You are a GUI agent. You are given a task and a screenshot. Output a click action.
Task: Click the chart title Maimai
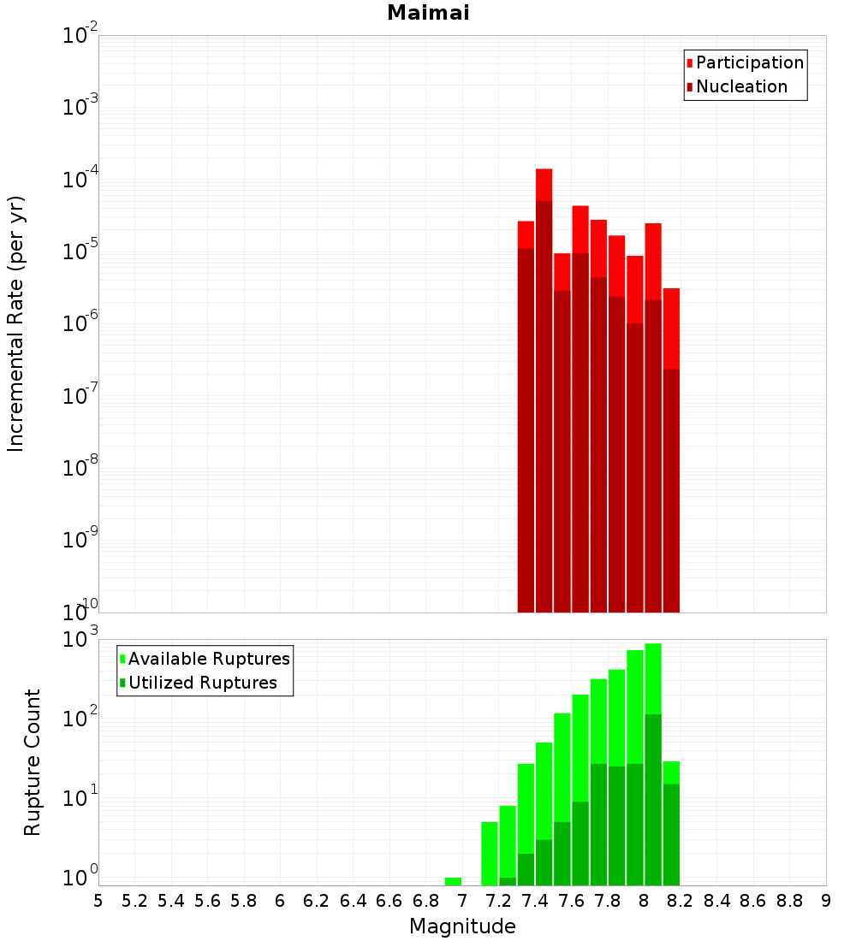tap(428, 13)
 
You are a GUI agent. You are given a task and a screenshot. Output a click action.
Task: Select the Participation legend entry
tap(749, 62)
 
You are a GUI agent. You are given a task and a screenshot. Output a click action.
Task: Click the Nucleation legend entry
tap(741, 86)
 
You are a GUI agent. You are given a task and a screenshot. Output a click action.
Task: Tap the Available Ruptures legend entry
tap(209, 659)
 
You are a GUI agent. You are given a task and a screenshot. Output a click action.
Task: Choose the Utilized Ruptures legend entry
tap(202, 683)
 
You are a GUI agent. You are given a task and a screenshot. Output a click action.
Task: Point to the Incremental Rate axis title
tap(16, 323)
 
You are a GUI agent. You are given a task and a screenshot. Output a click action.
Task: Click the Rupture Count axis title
tap(33, 761)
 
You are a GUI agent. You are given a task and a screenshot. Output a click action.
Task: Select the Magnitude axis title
tap(462, 926)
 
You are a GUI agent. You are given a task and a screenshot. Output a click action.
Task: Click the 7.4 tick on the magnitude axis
tap(535, 901)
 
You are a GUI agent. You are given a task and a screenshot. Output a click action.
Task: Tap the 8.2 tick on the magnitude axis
tap(681, 901)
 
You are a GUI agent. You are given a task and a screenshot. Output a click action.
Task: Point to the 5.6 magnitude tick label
tap(207, 901)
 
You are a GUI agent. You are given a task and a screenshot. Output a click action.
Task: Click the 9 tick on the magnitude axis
tap(826, 901)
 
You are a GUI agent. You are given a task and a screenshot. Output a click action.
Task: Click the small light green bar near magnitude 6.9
tap(453, 881)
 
